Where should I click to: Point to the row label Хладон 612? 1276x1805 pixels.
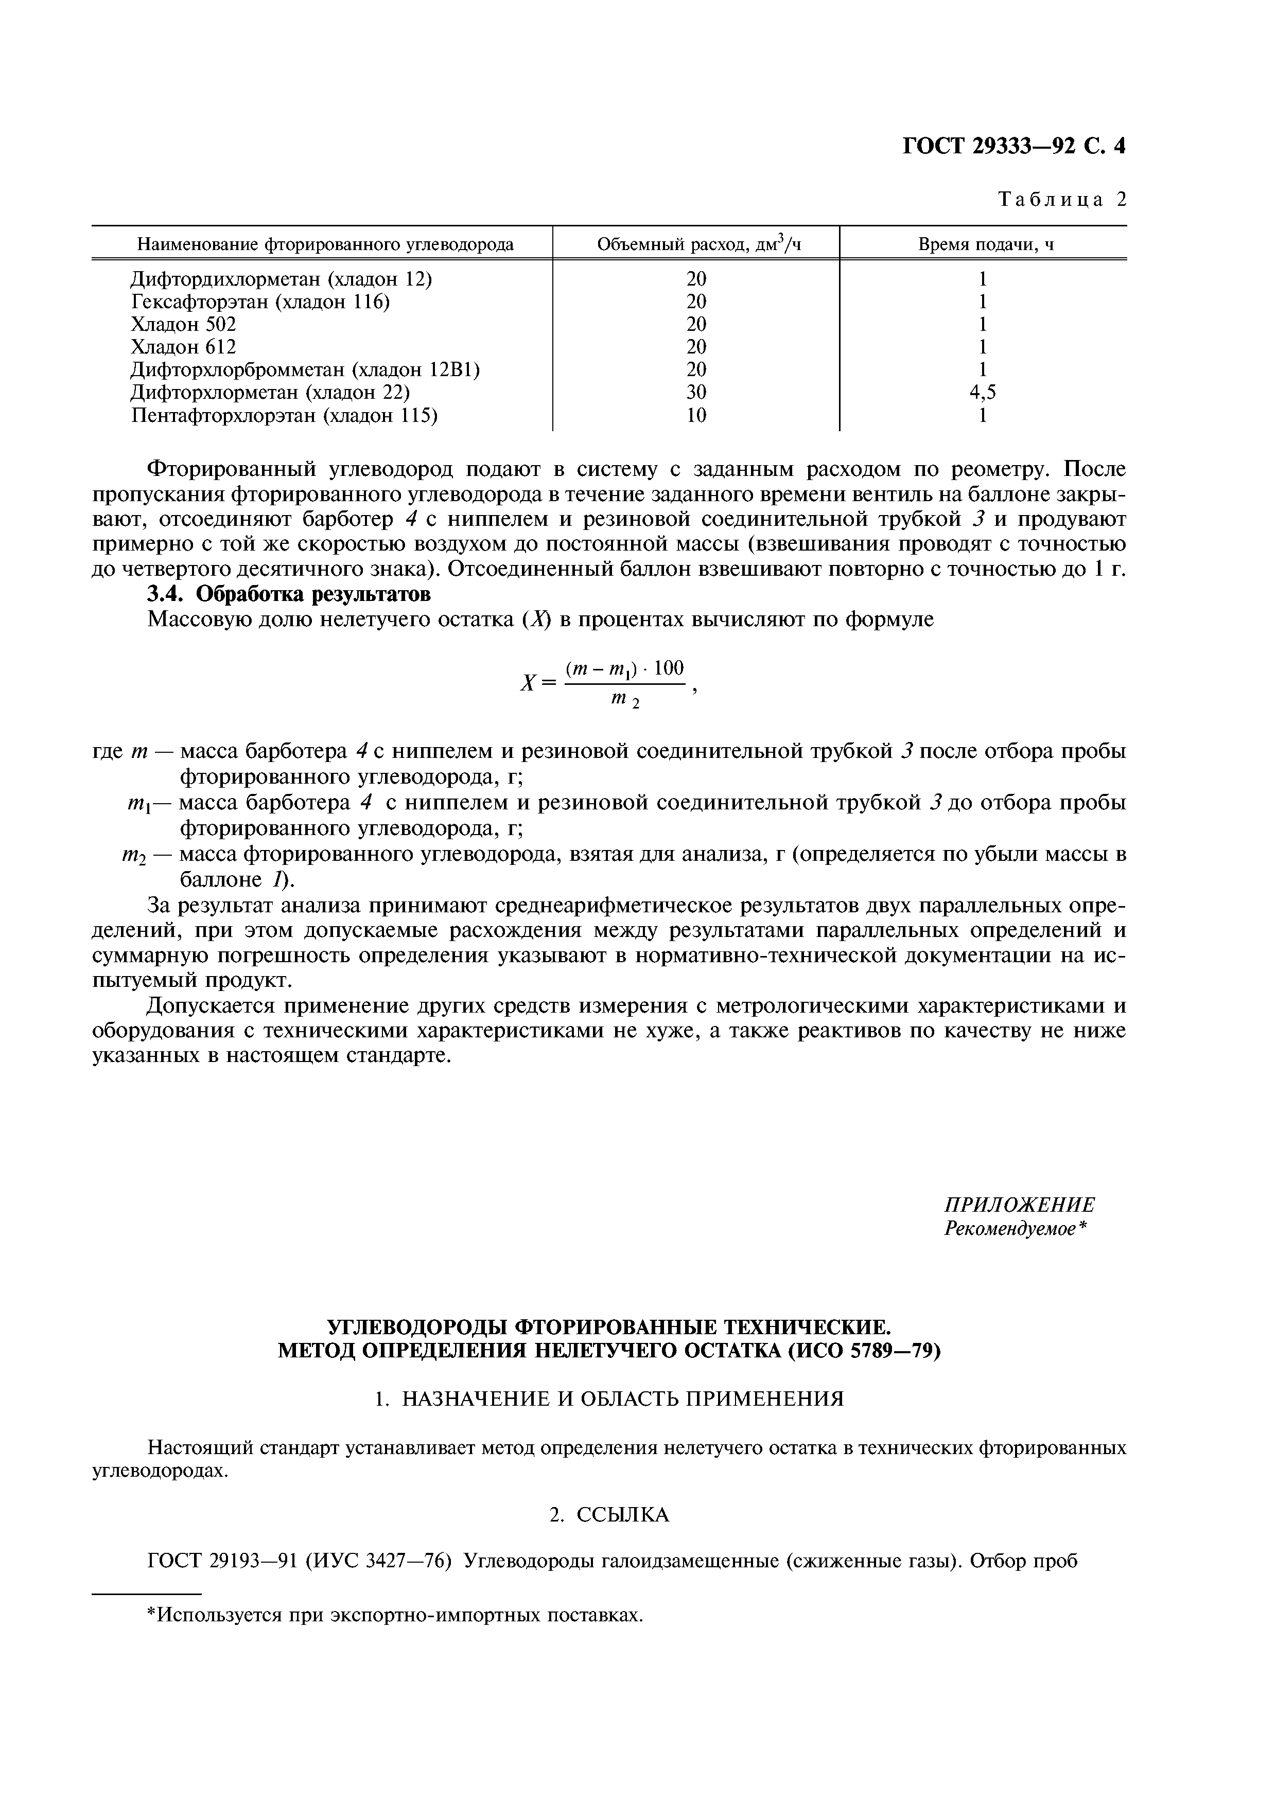(x=183, y=347)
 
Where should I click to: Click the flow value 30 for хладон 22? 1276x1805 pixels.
(x=696, y=392)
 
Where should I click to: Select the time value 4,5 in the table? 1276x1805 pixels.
(x=983, y=392)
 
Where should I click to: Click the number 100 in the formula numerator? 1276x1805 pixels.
(x=669, y=668)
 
